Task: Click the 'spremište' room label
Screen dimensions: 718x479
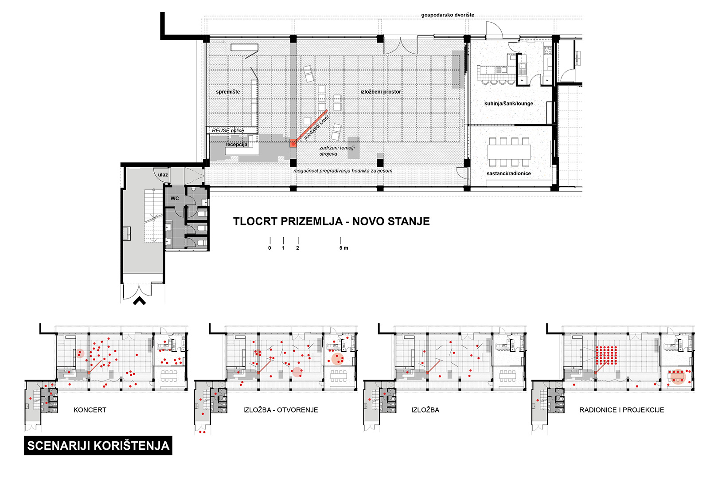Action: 227,92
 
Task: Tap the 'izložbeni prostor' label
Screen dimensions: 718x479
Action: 380,92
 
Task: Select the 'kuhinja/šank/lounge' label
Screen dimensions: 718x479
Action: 508,103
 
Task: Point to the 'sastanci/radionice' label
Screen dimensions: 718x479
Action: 508,173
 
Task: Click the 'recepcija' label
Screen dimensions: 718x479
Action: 236,145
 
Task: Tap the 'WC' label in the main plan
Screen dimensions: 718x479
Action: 175,198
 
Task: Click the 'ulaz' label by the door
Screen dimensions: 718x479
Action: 163,175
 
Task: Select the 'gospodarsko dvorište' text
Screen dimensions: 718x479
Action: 448,15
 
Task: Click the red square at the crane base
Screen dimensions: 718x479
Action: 293,143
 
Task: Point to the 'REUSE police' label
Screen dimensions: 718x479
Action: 227,130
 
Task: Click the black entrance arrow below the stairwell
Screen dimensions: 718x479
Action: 140,301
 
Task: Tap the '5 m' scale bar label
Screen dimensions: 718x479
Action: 343,248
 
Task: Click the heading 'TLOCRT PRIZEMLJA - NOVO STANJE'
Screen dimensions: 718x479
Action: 331,221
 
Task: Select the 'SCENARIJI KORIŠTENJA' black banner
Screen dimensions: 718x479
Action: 98,445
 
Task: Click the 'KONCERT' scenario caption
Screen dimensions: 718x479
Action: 90,410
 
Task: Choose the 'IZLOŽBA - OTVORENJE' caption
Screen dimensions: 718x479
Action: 281,410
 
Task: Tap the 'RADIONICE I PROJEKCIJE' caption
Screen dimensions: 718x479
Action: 621,410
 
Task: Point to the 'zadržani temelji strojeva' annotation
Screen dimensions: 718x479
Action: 337,151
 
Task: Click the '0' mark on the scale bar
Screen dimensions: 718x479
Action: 269,248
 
